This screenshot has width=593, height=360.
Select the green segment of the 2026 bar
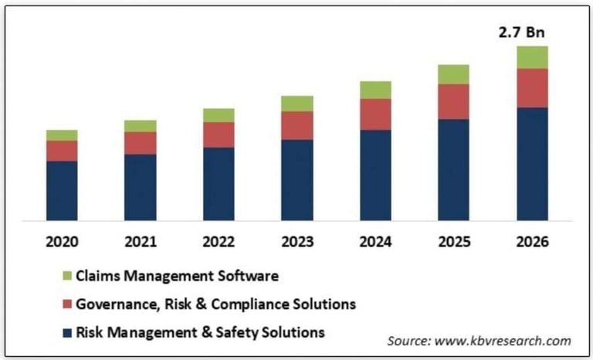532,57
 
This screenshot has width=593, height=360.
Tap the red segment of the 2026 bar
532,87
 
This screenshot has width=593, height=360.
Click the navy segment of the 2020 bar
62,190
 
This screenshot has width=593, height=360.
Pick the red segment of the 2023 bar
297,125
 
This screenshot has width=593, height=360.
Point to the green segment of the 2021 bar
140,126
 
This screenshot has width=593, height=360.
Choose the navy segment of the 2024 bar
375,175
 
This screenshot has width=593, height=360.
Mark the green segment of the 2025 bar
453,74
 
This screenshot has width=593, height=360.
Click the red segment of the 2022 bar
219,134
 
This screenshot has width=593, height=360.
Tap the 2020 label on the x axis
62,242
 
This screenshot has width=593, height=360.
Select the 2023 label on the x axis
297,242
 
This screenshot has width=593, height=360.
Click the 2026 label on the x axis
532,242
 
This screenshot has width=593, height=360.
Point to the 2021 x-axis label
140,242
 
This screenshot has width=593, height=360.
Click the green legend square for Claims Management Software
67,276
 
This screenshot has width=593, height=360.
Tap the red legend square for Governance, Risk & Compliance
67,304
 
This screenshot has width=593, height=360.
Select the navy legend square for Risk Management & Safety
67,333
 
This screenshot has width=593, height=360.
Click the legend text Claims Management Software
175,275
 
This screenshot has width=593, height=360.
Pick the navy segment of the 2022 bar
219,183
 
